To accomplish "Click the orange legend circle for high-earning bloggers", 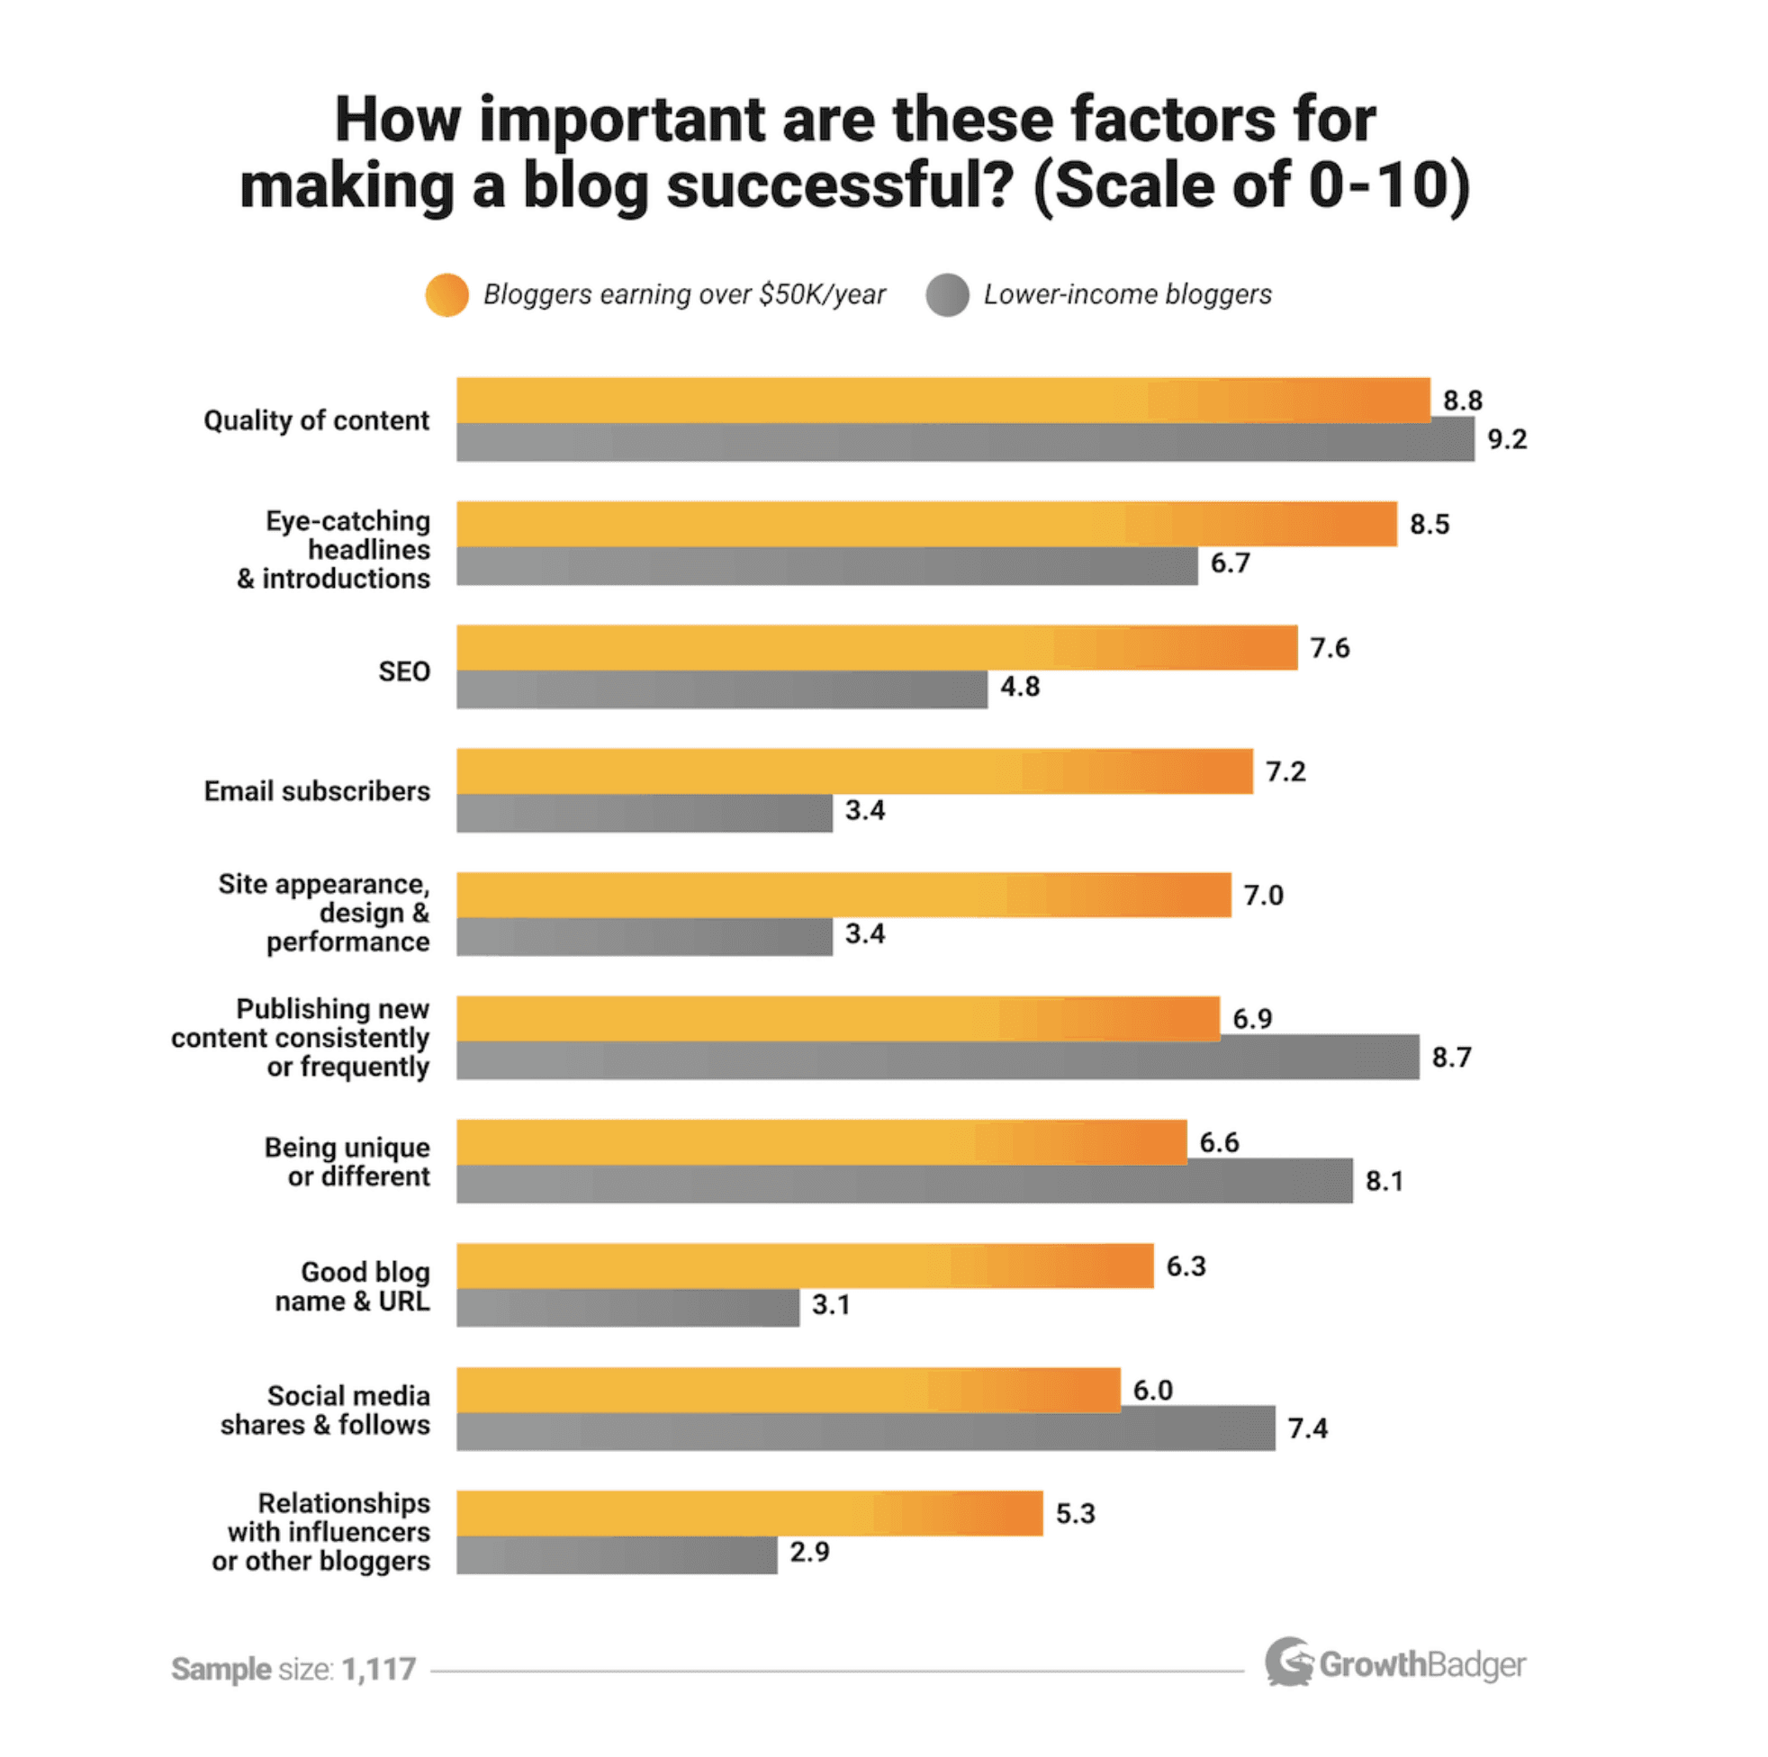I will pos(447,294).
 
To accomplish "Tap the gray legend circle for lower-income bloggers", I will pos(947,294).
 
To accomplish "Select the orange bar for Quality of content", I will pos(943,400).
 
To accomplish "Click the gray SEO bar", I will pos(721,690).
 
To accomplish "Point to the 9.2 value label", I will pos(1506,439).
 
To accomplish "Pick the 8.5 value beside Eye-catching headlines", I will pos(1429,525).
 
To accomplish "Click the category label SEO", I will pos(403,671).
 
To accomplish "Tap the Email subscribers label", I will pos(317,790).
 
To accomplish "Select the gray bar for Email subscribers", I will pos(645,814).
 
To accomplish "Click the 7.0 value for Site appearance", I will pos(1263,895).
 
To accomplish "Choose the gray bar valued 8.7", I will pos(937,1060).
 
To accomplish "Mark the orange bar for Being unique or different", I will pos(821,1142).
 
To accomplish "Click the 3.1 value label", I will pos(831,1304).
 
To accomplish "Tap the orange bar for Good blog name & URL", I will pos(805,1266).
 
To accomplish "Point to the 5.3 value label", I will pos(1074,1514).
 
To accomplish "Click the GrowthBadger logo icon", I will pos(1288,1662).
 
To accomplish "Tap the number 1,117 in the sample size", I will pos(379,1669).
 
